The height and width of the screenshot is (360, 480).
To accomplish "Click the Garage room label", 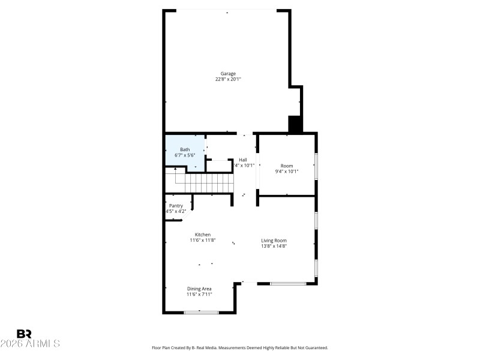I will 228,74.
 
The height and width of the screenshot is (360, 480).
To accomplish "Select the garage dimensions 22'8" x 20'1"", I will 228,79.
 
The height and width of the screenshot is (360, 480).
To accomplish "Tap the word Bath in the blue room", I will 185,149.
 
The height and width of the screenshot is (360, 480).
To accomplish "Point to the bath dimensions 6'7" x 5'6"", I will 185,155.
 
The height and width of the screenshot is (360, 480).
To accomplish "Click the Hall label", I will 243,160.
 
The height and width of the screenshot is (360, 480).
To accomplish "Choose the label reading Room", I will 287,166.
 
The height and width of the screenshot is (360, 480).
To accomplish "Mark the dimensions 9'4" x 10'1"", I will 287,172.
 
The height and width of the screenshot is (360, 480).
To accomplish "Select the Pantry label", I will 176,206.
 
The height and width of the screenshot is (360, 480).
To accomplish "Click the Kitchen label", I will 202,235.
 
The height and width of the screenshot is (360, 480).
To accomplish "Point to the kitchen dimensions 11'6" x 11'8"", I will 202,241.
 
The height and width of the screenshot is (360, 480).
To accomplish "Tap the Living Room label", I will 274,240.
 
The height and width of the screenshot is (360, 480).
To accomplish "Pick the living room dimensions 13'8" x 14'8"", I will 274,246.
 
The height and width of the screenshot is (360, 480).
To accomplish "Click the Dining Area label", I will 199,289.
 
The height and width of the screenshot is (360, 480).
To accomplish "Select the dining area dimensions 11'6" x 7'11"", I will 199,295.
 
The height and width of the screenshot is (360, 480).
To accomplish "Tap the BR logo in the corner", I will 24,334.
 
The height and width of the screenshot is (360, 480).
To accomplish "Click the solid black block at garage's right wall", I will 295,124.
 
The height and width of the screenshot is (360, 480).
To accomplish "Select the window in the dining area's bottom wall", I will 201,312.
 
